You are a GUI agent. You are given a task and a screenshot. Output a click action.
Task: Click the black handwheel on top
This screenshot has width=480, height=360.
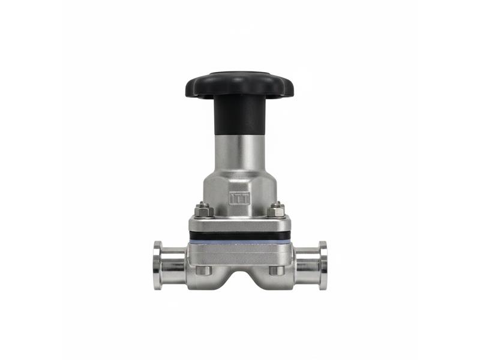tap(239, 85)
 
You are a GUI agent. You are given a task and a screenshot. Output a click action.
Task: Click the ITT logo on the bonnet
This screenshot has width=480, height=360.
tap(239, 198)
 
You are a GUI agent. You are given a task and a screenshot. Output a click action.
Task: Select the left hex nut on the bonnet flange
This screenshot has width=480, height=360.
tap(203, 211)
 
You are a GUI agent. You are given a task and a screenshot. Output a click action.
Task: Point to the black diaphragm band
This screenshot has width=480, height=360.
tap(239, 236)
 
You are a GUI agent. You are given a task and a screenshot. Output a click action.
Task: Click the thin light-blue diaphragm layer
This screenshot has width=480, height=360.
tap(239, 242)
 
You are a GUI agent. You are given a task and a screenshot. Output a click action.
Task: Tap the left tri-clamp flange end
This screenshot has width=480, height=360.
tap(158, 265)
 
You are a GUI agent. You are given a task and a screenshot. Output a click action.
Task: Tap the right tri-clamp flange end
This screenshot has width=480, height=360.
tap(323, 265)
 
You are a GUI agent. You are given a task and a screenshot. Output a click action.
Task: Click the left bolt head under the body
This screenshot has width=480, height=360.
tap(203, 271)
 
